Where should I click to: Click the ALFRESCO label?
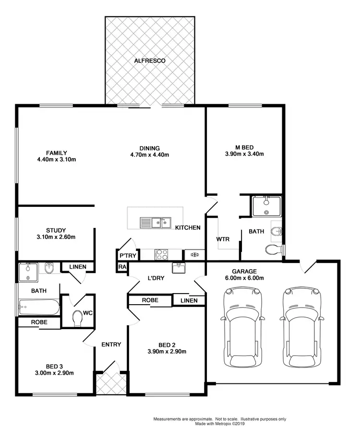click(x=150, y=61)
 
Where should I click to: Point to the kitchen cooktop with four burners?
click(x=161, y=255)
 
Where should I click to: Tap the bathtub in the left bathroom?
click(x=38, y=307)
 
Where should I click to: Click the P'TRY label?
click(x=127, y=255)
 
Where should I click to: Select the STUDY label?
click(x=56, y=230)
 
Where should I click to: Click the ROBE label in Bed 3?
click(x=39, y=322)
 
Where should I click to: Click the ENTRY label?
click(x=111, y=344)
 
